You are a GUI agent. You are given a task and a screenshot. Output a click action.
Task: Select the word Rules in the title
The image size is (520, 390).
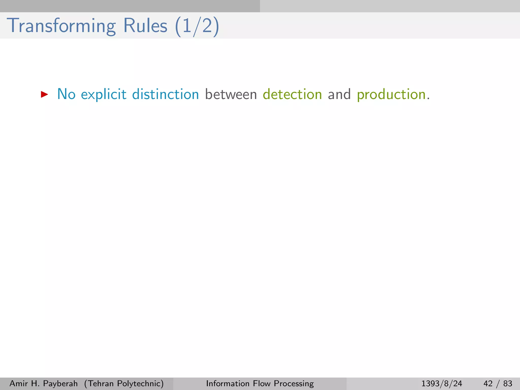point(145,26)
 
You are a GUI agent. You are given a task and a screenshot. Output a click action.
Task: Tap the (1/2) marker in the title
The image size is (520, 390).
point(197,26)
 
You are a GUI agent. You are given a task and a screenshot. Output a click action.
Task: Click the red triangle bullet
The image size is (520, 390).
point(44,95)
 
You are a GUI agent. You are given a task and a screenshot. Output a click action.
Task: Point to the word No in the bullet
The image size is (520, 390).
point(66,94)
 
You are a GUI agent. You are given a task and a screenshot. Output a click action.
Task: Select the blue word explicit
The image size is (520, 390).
point(104,94)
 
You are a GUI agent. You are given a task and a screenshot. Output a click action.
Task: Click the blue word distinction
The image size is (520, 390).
point(166,94)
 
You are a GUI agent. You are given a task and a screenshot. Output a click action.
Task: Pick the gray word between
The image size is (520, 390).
point(231,94)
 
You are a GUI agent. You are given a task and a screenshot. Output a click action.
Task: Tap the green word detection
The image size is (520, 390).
point(292,94)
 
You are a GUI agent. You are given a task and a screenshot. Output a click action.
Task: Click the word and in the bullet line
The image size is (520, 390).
point(339,94)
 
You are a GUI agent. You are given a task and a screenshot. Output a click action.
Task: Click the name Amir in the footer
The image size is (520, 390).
point(19,383)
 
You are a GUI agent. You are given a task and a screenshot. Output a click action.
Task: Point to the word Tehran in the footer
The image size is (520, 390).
point(100,383)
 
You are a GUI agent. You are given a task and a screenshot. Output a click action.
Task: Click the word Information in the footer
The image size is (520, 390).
point(228,383)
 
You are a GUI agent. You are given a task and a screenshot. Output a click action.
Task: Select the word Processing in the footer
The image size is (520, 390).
point(294,384)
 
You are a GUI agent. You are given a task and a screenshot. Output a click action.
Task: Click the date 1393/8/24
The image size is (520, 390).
point(442,383)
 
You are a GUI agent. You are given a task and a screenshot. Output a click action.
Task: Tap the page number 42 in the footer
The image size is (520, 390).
point(488,383)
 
